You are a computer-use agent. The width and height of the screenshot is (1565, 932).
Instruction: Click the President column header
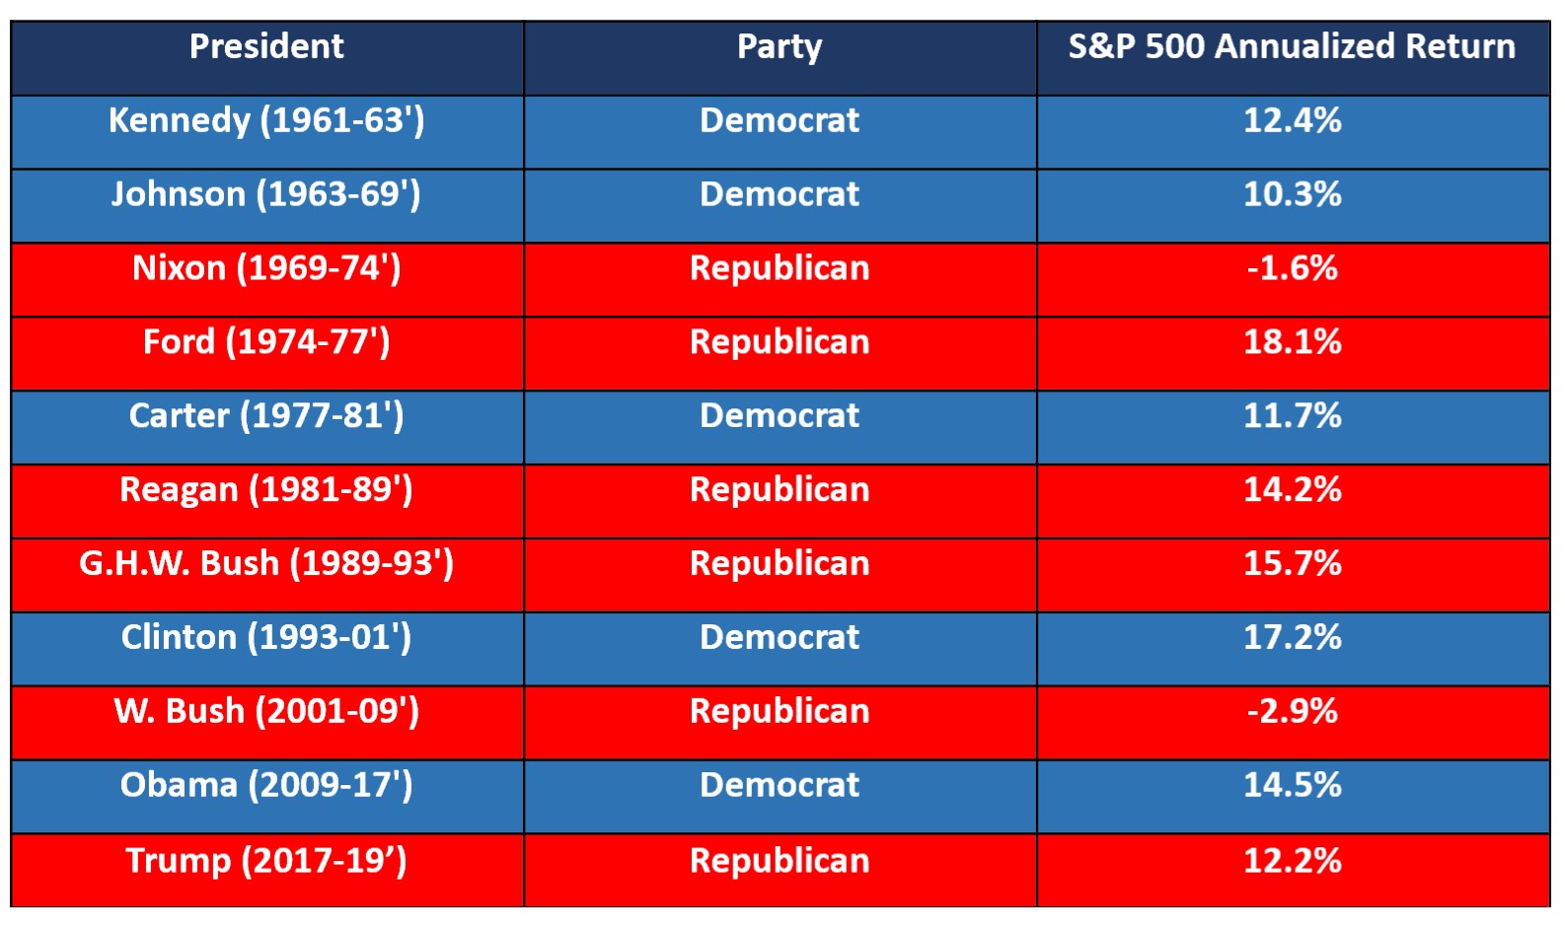[x=266, y=46]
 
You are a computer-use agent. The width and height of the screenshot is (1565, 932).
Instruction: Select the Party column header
[x=780, y=46]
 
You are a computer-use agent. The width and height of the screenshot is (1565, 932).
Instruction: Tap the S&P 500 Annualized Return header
[x=1292, y=46]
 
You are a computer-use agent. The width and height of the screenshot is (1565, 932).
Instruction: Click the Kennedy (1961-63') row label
[x=266, y=120]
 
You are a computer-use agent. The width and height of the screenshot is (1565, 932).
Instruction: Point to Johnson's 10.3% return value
[x=1292, y=194]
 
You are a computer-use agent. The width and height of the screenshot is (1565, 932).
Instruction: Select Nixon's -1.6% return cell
[x=1292, y=268]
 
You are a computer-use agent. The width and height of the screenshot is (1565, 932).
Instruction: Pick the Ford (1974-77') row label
[x=266, y=342]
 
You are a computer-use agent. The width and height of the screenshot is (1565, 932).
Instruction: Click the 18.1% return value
[x=1292, y=342]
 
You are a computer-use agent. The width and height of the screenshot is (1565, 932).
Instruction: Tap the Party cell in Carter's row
[x=780, y=416]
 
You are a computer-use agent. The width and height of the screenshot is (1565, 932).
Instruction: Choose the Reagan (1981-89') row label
[x=266, y=490]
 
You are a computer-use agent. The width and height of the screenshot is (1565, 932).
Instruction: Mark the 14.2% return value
[x=1292, y=490]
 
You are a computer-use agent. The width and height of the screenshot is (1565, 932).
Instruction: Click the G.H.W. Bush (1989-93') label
[x=266, y=564]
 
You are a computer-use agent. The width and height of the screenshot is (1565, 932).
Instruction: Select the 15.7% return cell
[x=1292, y=564]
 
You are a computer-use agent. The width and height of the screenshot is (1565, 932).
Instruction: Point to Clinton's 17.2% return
[x=1292, y=638]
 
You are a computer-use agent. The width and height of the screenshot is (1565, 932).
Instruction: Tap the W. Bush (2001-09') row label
[x=266, y=711]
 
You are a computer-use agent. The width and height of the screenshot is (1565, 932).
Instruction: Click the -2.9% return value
[x=1292, y=711]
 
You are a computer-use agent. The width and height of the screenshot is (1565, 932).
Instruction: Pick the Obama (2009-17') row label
[x=266, y=785]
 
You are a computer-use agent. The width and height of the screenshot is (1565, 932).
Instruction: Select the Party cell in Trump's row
[x=780, y=861]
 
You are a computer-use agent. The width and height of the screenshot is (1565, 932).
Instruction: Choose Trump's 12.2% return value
[x=1292, y=861]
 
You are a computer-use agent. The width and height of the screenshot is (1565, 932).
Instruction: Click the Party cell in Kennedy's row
[x=780, y=120]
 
